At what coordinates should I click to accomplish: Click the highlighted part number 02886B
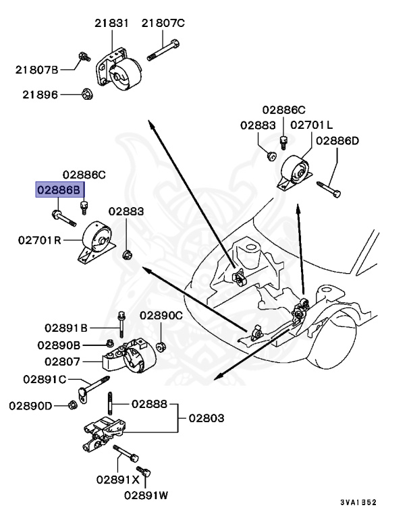[x=59, y=191]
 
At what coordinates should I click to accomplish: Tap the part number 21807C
[x=163, y=24]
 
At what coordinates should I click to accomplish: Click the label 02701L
[x=311, y=125]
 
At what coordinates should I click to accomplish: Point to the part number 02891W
[x=146, y=495]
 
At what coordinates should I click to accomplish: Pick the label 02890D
[x=30, y=405]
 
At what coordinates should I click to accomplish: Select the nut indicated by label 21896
[x=86, y=94]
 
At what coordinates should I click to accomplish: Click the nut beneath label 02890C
[x=162, y=347]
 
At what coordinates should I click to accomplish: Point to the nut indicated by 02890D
[x=72, y=405]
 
